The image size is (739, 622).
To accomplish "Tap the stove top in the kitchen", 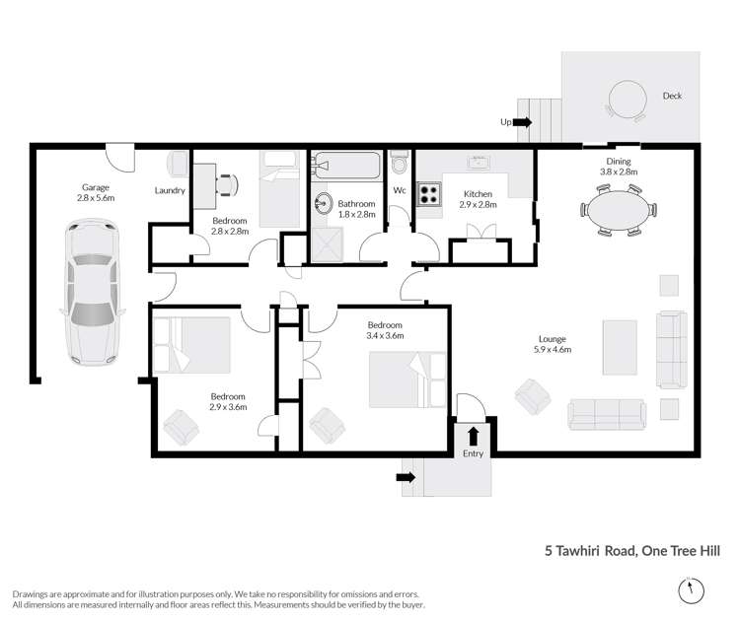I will (430, 192).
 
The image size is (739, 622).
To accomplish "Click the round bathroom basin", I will (324, 204).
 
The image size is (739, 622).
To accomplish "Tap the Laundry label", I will (170, 190).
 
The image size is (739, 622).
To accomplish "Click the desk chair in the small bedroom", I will (228, 183).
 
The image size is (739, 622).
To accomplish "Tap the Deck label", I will (672, 96).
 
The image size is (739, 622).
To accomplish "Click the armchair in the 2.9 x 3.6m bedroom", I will (182, 427).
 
